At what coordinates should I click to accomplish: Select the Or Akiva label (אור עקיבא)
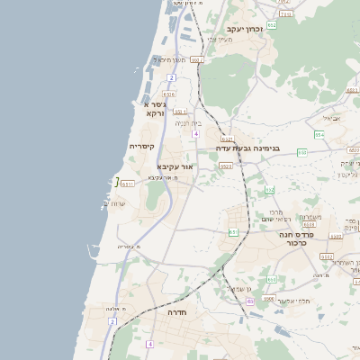pos(175,166)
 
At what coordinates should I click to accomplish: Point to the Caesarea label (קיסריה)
pos(142,146)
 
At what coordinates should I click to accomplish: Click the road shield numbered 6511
pos(128,184)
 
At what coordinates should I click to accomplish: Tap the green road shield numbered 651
pos(233,231)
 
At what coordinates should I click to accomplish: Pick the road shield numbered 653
pos(302,153)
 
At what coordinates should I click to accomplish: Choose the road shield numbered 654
pos(319,134)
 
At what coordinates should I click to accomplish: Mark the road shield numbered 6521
pos(227,139)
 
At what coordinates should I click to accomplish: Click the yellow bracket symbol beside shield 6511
pos(116,183)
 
